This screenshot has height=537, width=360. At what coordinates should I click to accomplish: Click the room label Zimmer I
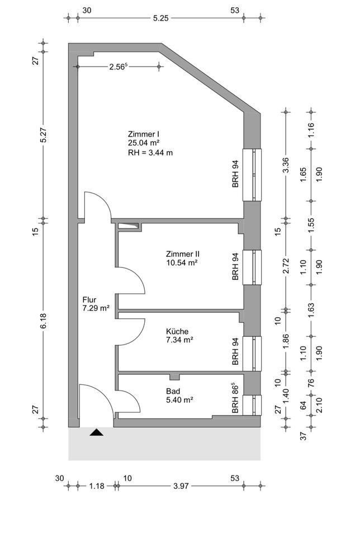pyautogui.click(x=144, y=134)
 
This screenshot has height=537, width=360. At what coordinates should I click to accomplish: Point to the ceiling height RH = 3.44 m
pyautogui.click(x=150, y=152)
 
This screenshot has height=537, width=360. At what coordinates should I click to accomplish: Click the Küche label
pyautogui.click(x=177, y=331)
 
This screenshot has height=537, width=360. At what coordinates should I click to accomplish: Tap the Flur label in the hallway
pyautogui.click(x=89, y=299)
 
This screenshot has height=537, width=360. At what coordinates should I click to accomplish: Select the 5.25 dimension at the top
pyautogui.click(x=160, y=18)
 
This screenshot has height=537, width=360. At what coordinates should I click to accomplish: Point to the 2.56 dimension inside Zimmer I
pyautogui.click(x=119, y=67)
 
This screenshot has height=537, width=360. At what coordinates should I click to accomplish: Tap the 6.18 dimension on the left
pyautogui.click(x=44, y=323)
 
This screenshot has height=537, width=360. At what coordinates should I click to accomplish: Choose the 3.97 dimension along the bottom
pyautogui.click(x=179, y=486)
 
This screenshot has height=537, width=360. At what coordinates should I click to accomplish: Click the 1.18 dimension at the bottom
pyautogui.click(x=96, y=486)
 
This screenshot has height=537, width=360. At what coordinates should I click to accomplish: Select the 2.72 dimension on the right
pyautogui.click(x=286, y=264)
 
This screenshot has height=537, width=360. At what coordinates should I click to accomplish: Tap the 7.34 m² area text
pyautogui.click(x=179, y=340)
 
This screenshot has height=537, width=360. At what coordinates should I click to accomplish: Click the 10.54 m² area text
pyautogui.click(x=183, y=262)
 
